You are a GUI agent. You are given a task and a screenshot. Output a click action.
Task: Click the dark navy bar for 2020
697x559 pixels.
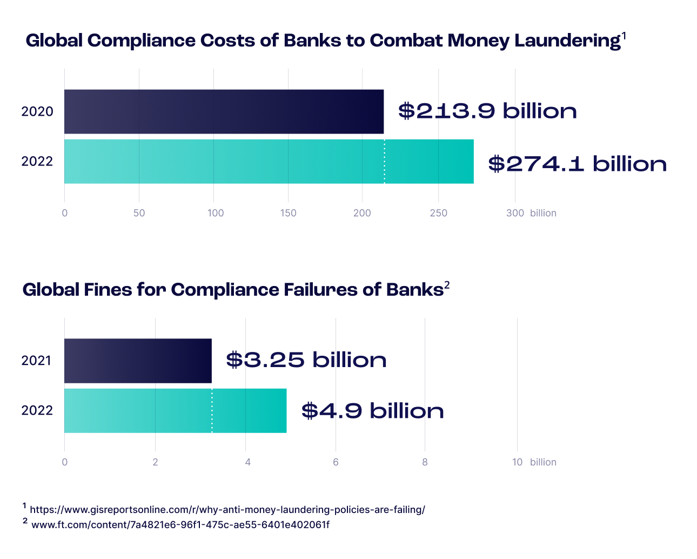point(224,111)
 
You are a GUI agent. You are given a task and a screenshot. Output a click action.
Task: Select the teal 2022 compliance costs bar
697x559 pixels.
point(269,162)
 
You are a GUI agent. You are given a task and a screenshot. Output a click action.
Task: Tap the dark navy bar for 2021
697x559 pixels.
point(138,361)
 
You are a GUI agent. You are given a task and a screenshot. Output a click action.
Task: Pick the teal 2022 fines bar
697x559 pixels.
point(175,410)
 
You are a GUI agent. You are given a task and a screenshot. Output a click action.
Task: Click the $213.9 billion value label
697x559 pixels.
point(487,111)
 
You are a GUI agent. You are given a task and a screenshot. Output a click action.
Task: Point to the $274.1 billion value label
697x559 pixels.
point(577,164)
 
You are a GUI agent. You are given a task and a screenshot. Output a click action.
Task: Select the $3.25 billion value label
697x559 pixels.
point(306,360)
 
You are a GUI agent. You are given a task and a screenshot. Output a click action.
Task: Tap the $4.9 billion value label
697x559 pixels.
point(372,411)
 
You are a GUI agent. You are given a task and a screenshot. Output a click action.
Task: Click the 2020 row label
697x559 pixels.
point(37,112)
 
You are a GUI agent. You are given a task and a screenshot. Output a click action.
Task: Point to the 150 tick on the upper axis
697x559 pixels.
point(288,213)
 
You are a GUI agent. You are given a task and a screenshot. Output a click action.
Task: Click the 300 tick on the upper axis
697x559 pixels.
point(515,213)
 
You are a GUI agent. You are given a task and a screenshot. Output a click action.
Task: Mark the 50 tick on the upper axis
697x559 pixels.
point(139,213)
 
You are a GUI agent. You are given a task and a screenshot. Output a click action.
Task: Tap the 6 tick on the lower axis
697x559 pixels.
point(336,462)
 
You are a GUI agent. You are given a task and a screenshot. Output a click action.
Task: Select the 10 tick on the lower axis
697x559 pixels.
point(517,462)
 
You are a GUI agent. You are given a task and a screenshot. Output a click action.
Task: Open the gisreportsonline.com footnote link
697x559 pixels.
point(227,510)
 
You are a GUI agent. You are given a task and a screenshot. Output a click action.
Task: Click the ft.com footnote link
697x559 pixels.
point(180,524)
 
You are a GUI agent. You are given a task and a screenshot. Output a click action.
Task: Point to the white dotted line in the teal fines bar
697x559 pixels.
point(212,410)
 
